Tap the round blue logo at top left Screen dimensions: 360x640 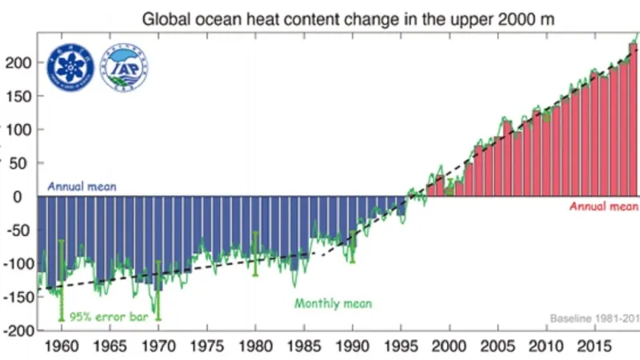click(x=70, y=67)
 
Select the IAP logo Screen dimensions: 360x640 click(x=124, y=67)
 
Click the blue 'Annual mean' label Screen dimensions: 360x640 click(x=82, y=186)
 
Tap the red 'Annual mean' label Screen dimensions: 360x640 click(x=603, y=206)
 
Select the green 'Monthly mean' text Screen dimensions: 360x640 click(x=333, y=304)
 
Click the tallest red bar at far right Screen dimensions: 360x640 click(x=633, y=120)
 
